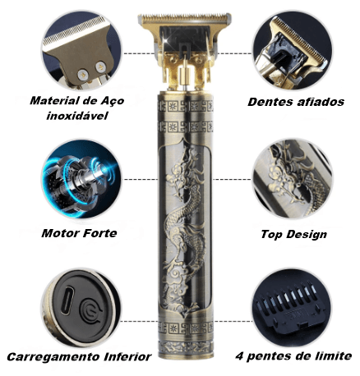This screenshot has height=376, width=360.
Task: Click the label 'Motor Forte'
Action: click(79, 232)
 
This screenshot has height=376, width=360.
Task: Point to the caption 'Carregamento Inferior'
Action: click(79, 357)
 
